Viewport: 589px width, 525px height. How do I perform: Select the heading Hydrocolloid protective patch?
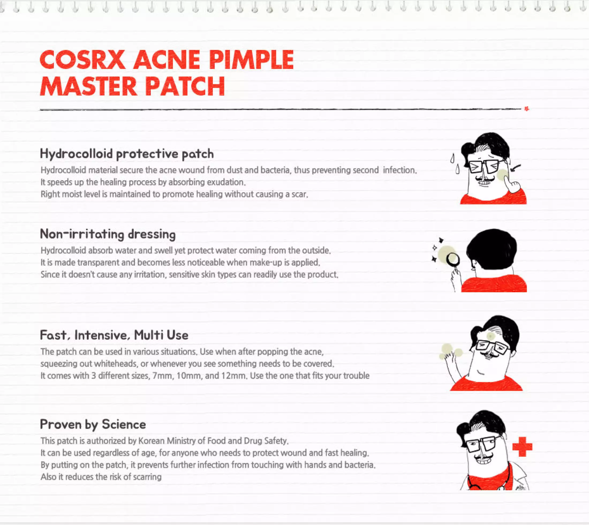pyautogui.click(x=127, y=154)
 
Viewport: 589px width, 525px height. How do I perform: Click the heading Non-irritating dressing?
pyautogui.click(x=108, y=234)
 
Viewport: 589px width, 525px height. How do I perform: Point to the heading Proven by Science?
pyautogui.click(x=93, y=425)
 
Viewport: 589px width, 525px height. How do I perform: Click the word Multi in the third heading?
pyautogui.click(x=148, y=335)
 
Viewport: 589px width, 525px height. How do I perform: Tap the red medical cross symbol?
pyautogui.click(x=522, y=447)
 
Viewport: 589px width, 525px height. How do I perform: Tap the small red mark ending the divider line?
pyautogui.click(x=527, y=109)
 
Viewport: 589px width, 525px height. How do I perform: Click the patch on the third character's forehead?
pyautogui.click(x=490, y=336)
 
